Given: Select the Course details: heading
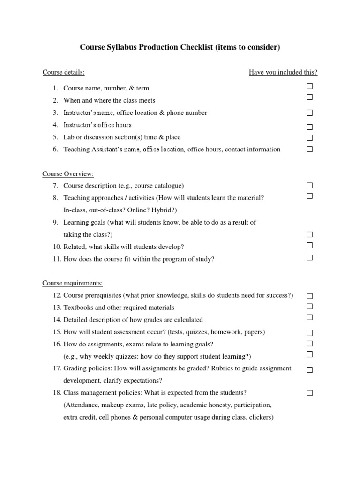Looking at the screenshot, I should (x=64, y=72).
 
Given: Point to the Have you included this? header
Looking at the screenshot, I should (x=283, y=72).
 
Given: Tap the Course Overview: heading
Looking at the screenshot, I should (x=68, y=174).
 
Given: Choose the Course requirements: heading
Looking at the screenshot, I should (x=73, y=283).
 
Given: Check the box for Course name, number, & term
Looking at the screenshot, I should (x=309, y=86).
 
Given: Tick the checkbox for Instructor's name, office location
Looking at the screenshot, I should (x=309, y=113).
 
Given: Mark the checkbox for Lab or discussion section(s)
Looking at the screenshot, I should (x=309, y=138).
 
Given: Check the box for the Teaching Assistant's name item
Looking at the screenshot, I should (x=309, y=150).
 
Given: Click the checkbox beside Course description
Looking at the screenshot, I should (x=309, y=186).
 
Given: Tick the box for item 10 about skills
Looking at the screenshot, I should (x=309, y=245).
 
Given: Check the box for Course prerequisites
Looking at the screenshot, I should (x=309, y=296).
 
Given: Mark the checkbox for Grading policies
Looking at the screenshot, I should (x=309, y=370).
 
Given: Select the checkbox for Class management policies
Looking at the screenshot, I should (x=309, y=393).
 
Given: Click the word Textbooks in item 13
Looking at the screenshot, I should (x=78, y=307).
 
